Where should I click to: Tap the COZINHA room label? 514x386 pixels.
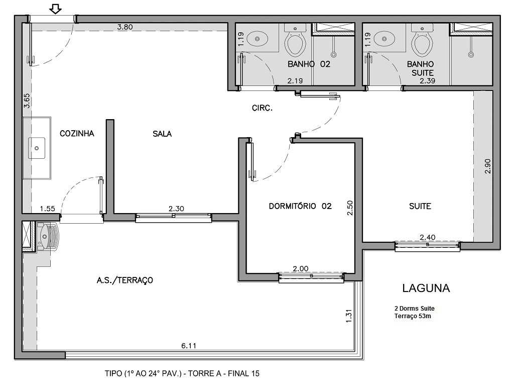77,134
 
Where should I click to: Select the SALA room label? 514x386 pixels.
162,134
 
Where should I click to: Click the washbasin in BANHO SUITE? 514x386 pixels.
386,37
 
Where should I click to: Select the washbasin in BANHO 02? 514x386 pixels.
260,37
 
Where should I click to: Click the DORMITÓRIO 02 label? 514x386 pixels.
300,206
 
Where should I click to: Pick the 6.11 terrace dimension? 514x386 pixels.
189,346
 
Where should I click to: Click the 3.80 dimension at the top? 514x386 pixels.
124,28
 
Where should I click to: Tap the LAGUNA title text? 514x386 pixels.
426,288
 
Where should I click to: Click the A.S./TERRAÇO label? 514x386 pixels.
124,280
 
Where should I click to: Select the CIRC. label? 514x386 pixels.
262,108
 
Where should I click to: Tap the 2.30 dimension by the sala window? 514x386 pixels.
176,209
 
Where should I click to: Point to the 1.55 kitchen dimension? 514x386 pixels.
48,209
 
